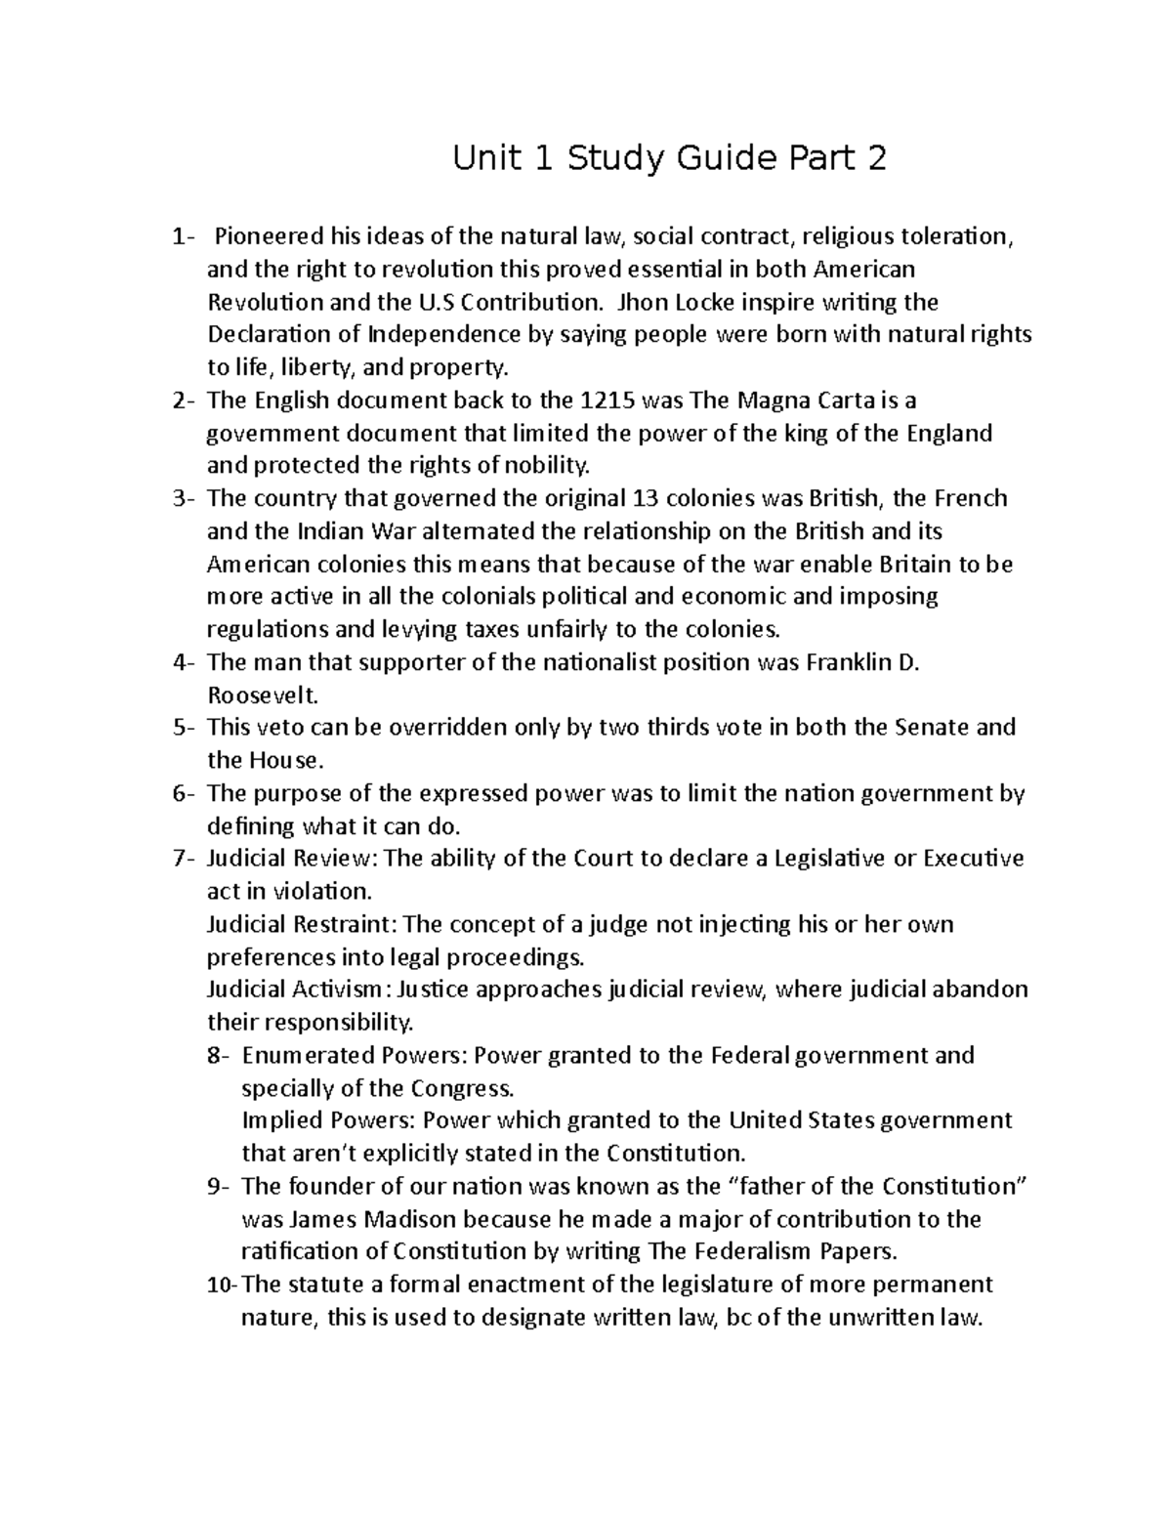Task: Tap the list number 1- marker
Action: (183, 236)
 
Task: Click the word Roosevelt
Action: (263, 695)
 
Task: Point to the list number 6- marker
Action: (184, 793)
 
